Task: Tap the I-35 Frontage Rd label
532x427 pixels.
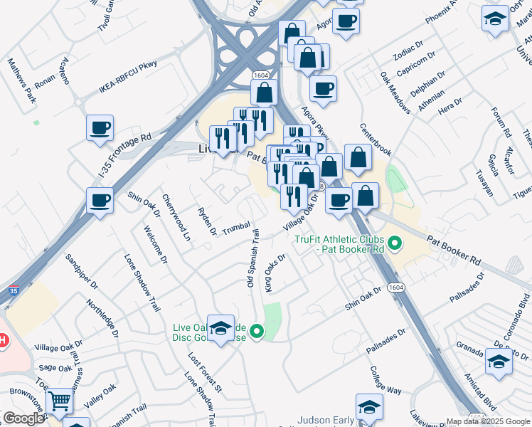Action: pyautogui.click(x=115, y=156)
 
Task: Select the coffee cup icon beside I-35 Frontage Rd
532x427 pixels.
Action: pyautogui.click(x=100, y=129)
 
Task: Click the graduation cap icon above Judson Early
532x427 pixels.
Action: pyautogui.click(x=369, y=407)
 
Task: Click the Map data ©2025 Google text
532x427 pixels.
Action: pyautogui.click(x=488, y=421)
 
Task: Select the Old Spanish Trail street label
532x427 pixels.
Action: pyautogui.click(x=252, y=258)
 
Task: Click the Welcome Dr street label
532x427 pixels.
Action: pyautogui.click(x=154, y=245)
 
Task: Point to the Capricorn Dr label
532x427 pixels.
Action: pyautogui.click(x=419, y=65)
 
